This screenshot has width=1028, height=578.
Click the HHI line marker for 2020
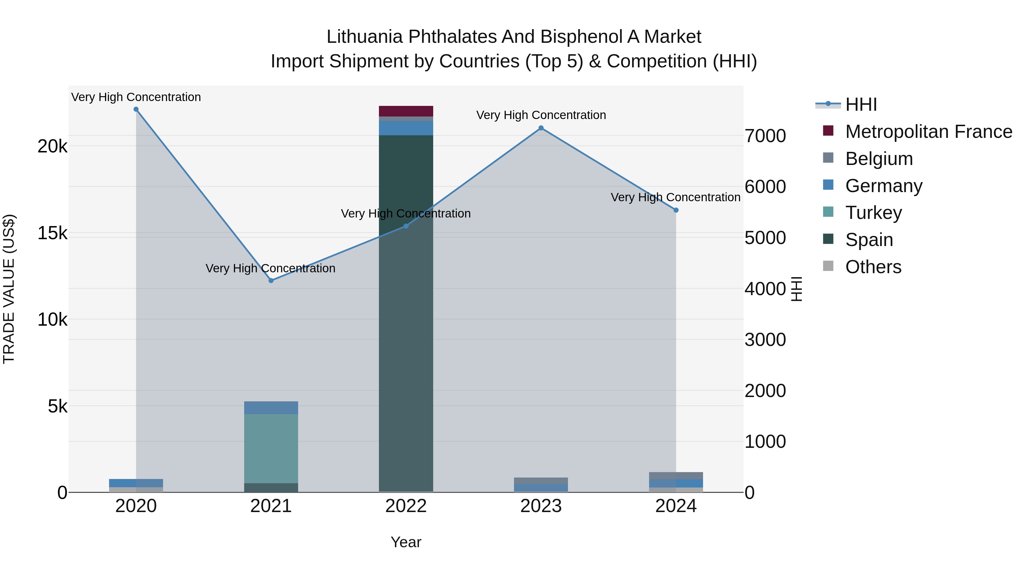[x=136, y=109]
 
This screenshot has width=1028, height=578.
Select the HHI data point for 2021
[x=271, y=280]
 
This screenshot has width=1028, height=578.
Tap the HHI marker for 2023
[x=541, y=128]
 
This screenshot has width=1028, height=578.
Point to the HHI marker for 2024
[x=676, y=210]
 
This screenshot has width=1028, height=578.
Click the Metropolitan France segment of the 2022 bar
[x=406, y=111]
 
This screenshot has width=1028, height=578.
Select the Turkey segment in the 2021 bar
[x=271, y=448]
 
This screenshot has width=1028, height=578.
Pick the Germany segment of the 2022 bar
[x=406, y=128]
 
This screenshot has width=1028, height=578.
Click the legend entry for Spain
[x=868, y=240]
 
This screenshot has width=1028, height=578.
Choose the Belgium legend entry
[x=878, y=159]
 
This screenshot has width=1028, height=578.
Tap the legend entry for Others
[x=872, y=267]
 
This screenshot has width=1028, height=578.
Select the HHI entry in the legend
[x=860, y=104]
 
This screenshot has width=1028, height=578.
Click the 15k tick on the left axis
[x=52, y=233]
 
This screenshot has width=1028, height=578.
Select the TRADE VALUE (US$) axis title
[x=9, y=289]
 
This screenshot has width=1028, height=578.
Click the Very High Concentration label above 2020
[x=136, y=97]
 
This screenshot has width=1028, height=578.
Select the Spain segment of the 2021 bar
[x=271, y=488]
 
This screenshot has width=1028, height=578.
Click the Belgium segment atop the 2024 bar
[x=676, y=476]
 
